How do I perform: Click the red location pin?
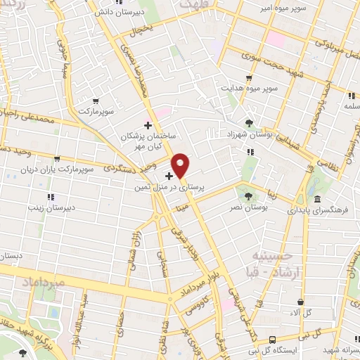tap(181, 165)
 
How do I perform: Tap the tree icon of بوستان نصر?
tap(247, 195)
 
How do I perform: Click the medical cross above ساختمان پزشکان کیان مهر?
tap(148, 124)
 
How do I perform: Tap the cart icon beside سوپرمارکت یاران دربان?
tap(56, 159)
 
